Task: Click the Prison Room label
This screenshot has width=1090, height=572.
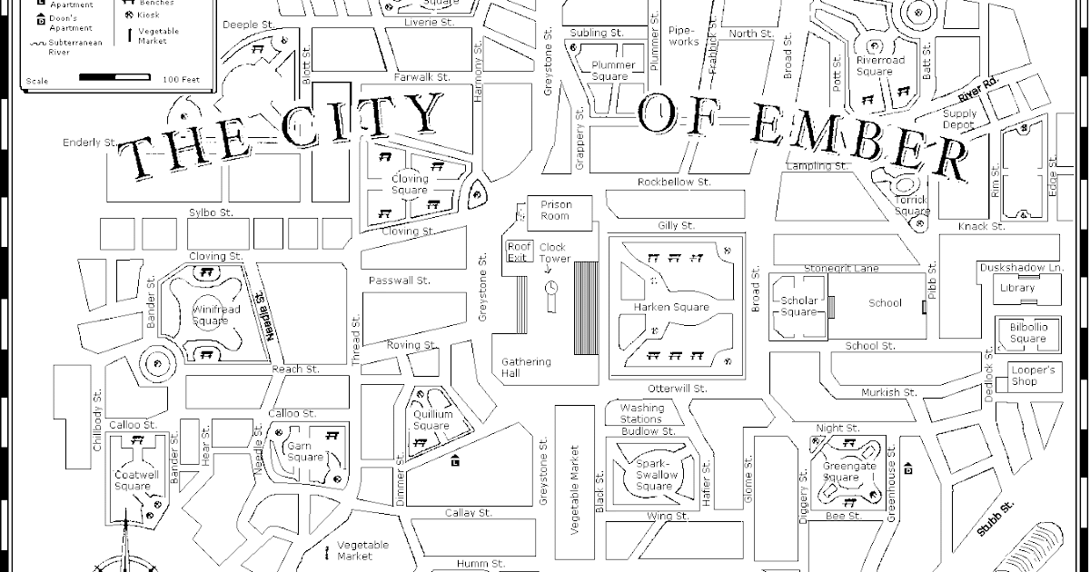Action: tap(555, 210)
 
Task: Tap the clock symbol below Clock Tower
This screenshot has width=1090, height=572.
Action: tap(551, 288)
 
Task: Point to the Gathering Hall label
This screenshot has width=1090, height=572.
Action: tap(526, 368)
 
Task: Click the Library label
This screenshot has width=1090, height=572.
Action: tap(1016, 289)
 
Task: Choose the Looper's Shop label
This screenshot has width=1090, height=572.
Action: tap(1034, 376)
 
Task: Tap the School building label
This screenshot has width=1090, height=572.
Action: tap(885, 303)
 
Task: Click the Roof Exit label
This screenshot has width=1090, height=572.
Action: tap(518, 251)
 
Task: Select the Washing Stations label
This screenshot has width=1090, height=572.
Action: tap(641, 413)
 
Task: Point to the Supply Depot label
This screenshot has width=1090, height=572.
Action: tap(959, 119)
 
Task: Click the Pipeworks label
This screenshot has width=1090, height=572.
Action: tap(683, 35)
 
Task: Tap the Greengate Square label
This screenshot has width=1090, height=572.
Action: tap(841, 471)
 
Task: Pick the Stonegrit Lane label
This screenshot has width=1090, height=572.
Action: tap(841, 269)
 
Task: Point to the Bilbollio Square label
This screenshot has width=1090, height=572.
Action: tap(1028, 333)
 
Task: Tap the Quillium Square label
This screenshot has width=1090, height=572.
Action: tap(431, 419)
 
